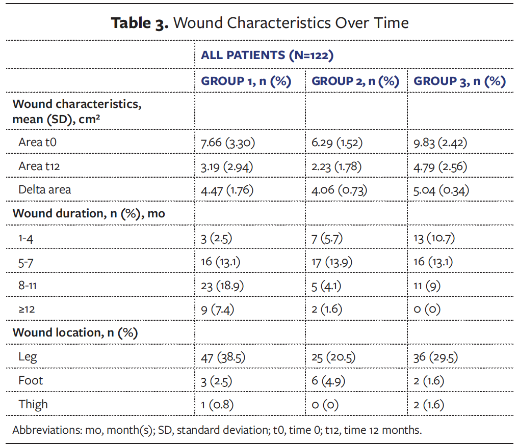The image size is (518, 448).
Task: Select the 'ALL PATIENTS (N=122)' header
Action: point(267,55)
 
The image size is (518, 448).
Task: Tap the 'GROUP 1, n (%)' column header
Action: point(246,81)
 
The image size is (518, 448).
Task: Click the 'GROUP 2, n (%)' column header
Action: point(355,81)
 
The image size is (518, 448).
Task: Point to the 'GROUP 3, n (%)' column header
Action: point(459,81)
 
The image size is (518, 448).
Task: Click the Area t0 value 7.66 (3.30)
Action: point(227,143)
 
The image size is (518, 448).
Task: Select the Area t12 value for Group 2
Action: point(336,166)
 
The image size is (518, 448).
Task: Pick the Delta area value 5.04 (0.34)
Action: point(442,190)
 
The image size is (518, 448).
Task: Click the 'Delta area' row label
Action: point(45,190)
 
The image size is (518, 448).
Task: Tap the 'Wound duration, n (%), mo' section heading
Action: point(89,213)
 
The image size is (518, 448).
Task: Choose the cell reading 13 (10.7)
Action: point(434,238)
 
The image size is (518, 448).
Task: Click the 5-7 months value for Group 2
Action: point(331,262)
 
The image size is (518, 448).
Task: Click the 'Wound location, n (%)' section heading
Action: point(75,333)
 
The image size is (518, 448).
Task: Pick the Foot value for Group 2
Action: point(328,381)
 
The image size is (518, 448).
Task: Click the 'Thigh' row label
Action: point(33,404)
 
